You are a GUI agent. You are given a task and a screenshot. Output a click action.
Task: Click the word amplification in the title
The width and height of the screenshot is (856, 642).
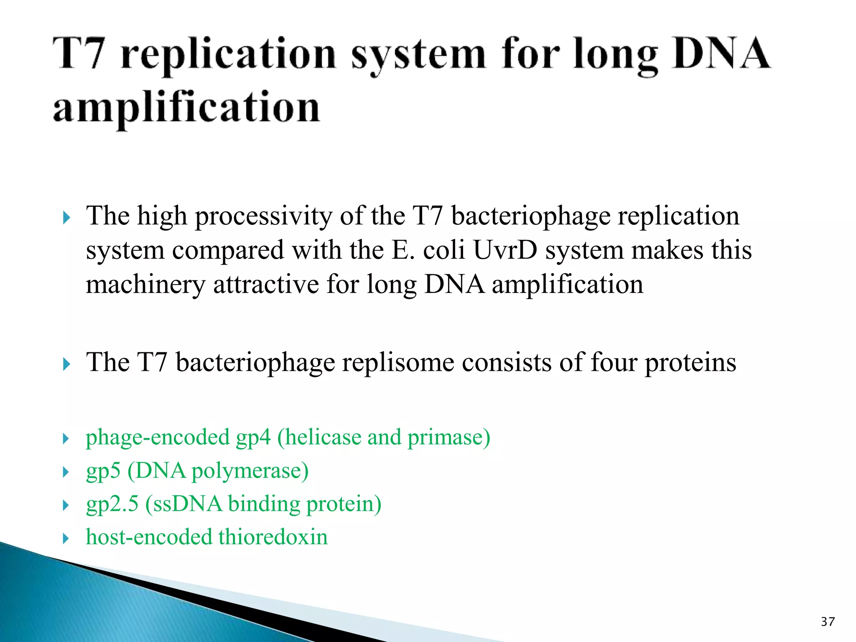186,107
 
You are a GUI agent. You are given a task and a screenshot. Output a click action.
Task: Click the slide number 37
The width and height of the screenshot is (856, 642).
828,622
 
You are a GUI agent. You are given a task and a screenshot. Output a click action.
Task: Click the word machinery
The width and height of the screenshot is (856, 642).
145,285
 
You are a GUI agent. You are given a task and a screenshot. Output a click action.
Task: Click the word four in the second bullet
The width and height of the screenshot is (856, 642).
614,362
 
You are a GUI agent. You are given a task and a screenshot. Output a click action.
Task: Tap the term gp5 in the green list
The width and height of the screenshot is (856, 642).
103,471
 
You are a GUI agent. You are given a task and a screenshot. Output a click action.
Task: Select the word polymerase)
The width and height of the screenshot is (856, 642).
250,471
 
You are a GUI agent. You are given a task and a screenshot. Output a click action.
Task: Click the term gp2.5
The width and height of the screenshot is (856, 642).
112,504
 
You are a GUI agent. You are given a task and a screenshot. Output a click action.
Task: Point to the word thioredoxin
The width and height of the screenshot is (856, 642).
273,537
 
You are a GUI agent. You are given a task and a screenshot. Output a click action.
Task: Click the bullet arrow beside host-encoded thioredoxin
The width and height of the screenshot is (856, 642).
66,538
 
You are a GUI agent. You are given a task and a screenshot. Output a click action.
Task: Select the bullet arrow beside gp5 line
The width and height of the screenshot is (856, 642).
66,472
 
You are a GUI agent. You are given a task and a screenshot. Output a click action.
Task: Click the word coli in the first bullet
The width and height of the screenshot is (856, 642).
444,250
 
